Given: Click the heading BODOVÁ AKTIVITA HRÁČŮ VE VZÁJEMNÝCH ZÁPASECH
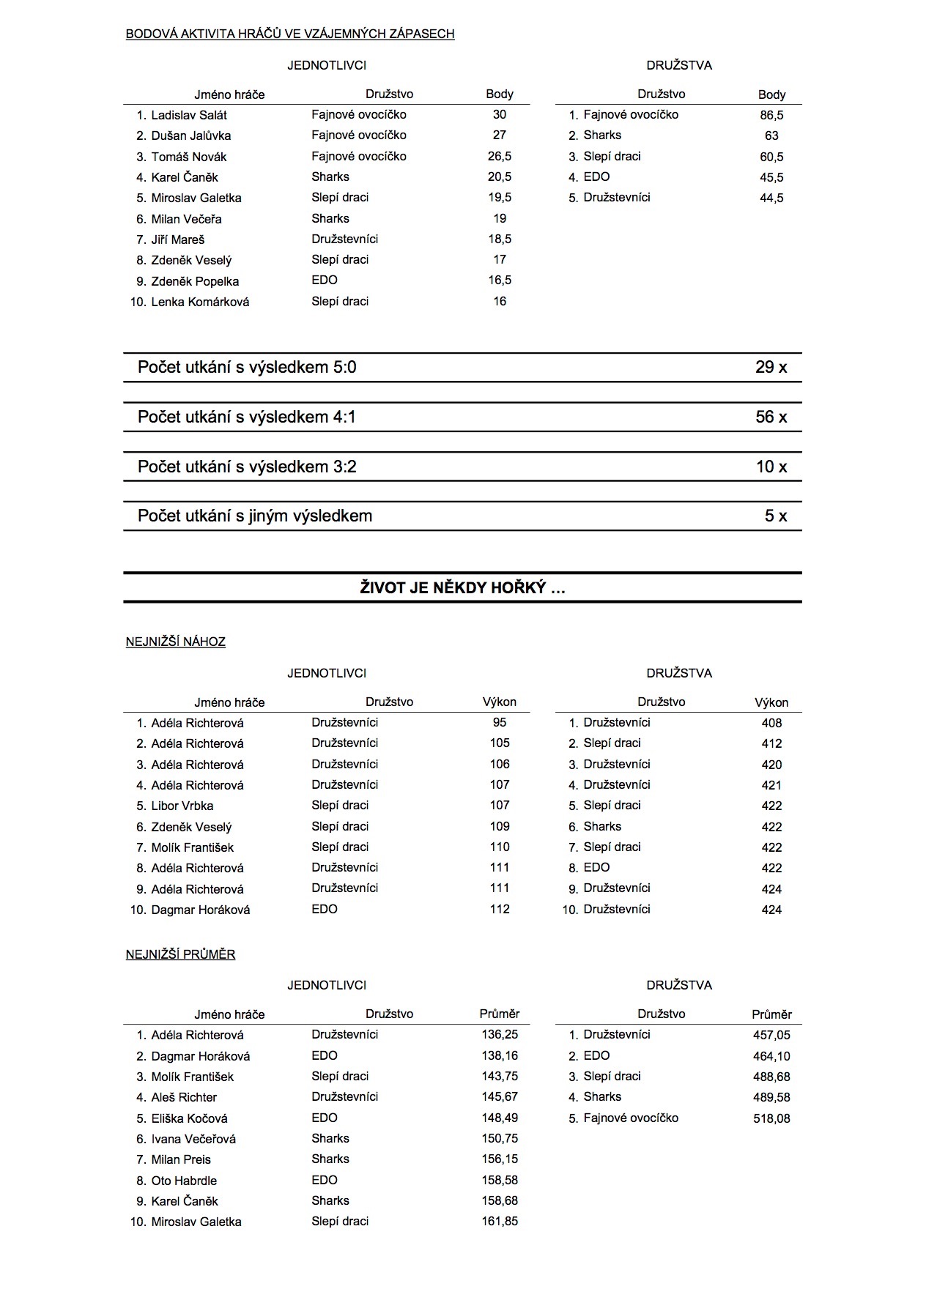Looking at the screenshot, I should point(290,34).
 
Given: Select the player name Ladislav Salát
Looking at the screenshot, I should point(189,115).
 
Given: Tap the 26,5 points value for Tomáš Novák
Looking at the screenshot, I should point(500,156).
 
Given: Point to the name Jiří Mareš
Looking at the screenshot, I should point(178,239).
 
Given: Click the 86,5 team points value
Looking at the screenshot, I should point(771,115).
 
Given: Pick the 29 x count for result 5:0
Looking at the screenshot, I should point(771,368).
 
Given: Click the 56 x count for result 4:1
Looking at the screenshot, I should point(771,417).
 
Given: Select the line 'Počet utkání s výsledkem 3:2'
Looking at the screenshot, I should point(247,467).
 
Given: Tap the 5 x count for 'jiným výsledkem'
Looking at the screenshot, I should point(775,516).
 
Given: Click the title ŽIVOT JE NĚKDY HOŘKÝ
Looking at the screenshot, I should point(462,588).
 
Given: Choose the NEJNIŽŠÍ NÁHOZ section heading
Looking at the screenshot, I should point(176,642).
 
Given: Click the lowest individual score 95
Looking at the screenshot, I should point(500,722).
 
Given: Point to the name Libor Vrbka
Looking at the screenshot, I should point(182,806).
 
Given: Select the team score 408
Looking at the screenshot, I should point(771,723).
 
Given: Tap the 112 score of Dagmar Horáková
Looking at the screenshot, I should point(500,909).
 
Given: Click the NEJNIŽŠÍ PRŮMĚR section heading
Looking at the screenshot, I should point(180,955).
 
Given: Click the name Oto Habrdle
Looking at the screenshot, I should point(184,1181).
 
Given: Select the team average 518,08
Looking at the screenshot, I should point(771,1118).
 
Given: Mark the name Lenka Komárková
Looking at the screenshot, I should point(200,302).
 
